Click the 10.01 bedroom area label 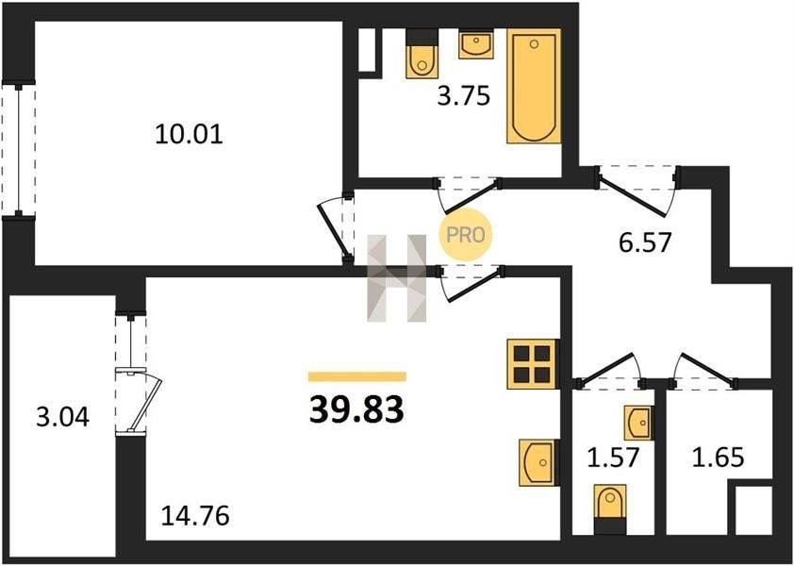(x=189, y=135)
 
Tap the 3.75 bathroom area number (x=464, y=96)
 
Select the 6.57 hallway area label (x=645, y=242)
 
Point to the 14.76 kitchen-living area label (x=195, y=516)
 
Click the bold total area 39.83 (x=356, y=409)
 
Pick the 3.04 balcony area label (x=63, y=418)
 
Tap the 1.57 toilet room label (x=613, y=458)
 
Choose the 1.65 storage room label (x=718, y=458)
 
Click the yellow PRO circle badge (x=465, y=235)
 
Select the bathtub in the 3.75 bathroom (x=535, y=86)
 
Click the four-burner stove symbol (x=533, y=364)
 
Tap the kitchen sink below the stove (x=539, y=462)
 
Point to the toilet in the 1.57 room (x=610, y=508)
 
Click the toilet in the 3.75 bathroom (x=422, y=54)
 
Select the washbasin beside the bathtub (x=476, y=44)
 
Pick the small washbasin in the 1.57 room (x=638, y=423)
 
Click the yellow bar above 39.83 (x=357, y=376)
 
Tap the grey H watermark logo (x=396, y=278)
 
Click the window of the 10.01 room (x=19, y=150)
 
